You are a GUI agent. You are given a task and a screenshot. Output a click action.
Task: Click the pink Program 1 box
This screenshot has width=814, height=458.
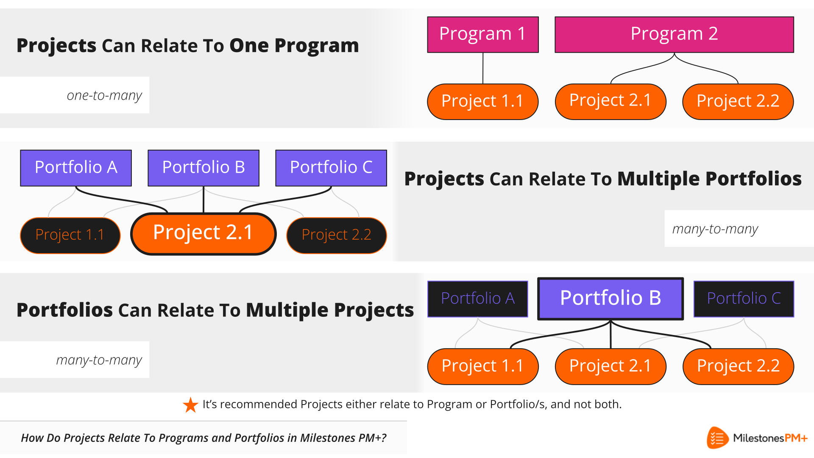pyautogui.click(x=483, y=35)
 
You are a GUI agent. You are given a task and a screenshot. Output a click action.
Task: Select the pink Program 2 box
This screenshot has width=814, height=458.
pyautogui.click(x=674, y=35)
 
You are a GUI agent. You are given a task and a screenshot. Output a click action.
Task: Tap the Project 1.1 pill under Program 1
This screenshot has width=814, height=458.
pyautogui.click(x=483, y=102)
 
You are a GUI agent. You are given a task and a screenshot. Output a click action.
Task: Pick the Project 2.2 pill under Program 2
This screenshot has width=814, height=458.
pyautogui.click(x=738, y=102)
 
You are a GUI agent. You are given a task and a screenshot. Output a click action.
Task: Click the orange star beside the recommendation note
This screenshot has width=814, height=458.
pyautogui.click(x=190, y=405)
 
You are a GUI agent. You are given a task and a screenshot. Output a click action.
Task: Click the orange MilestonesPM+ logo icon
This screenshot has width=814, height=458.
pyautogui.click(x=717, y=438)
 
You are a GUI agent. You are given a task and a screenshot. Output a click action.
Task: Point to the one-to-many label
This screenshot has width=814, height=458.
pyautogui.click(x=104, y=95)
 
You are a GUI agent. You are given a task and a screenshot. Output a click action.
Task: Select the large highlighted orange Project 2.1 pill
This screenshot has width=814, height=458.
pyautogui.click(x=203, y=234)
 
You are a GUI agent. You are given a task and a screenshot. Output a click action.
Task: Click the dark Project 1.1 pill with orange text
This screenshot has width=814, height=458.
pyautogui.click(x=70, y=235)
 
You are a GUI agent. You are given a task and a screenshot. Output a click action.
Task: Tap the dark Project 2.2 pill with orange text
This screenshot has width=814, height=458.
pyautogui.click(x=337, y=235)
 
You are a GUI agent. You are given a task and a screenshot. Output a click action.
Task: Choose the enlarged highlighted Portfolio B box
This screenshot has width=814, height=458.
pyautogui.click(x=610, y=299)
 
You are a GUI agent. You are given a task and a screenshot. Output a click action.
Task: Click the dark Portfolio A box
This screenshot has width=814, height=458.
pyautogui.click(x=478, y=299)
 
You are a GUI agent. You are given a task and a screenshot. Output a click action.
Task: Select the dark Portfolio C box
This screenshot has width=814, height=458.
pyautogui.click(x=744, y=299)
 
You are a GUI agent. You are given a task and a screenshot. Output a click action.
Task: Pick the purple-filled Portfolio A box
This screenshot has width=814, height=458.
pyautogui.click(x=76, y=168)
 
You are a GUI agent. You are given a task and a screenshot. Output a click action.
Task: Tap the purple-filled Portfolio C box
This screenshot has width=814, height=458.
pyautogui.click(x=331, y=168)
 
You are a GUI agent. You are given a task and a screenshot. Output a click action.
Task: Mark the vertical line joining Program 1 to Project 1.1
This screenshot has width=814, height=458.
pyautogui.click(x=483, y=68)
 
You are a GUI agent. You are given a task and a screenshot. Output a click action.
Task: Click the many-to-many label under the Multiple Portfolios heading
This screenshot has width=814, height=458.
pyautogui.click(x=715, y=229)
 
